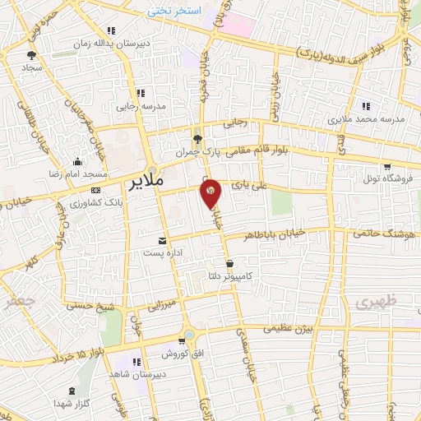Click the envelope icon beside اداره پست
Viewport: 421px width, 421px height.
pos(162,241)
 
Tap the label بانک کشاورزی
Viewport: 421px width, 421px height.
pos(97,202)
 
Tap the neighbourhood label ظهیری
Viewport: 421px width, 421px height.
pos(376,303)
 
